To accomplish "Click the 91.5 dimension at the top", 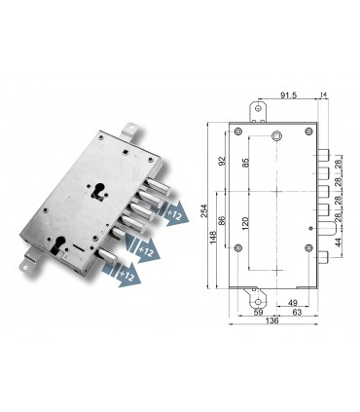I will [x=289, y=95].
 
